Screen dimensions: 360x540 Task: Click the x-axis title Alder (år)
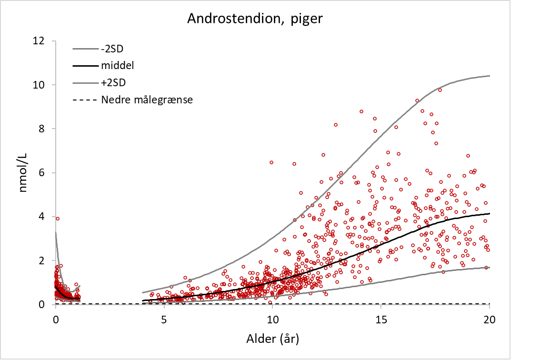click(x=272, y=339)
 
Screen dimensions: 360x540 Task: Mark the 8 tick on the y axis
click(x=41, y=129)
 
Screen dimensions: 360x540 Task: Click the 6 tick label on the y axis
click(x=41, y=173)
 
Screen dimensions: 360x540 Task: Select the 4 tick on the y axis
click(x=41, y=217)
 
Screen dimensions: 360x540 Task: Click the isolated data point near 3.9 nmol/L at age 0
click(x=58, y=219)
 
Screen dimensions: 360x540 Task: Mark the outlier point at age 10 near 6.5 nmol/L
click(x=271, y=162)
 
